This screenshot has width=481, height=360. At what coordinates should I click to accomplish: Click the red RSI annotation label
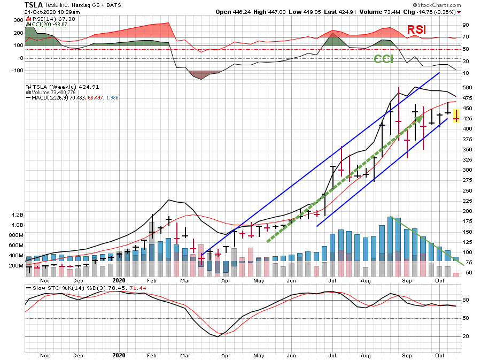pyautogui.click(x=417, y=30)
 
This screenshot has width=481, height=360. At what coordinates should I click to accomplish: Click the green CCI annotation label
pyautogui.click(x=383, y=59)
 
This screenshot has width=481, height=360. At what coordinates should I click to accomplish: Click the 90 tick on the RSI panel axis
pyautogui.click(x=466, y=25)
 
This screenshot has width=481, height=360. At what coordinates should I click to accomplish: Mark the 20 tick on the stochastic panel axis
pyautogui.click(x=466, y=336)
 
